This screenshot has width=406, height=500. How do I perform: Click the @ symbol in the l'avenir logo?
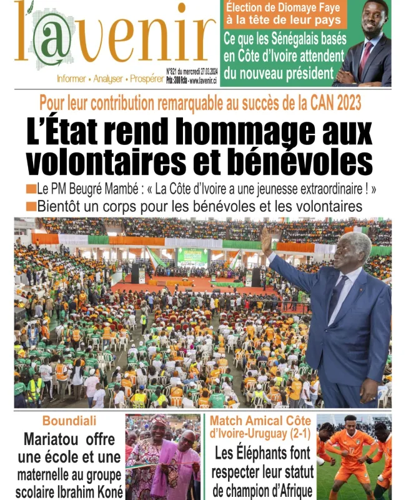[x=51, y=40]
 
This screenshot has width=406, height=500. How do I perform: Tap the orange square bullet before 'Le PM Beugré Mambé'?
[x=31, y=189]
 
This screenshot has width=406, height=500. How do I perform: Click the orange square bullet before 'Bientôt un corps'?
[x=31, y=206]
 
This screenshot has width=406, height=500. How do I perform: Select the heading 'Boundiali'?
[x=67, y=421]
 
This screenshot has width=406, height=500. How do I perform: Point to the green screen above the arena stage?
[x=193, y=256]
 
